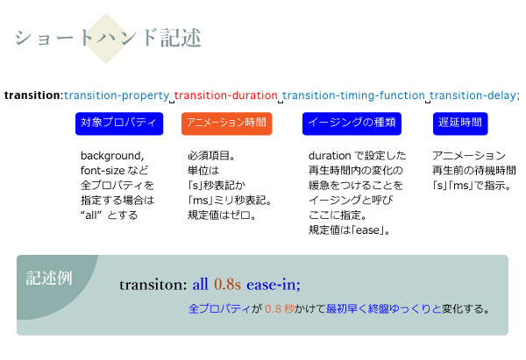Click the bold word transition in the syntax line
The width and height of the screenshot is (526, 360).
(32, 95)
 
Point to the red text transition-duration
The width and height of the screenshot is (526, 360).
(225, 95)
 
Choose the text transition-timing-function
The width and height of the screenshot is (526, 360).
(353, 95)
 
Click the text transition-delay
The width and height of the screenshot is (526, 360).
(473, 95)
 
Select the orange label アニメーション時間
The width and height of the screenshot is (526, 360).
(226, 124)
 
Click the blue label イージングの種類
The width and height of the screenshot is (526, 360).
(352, 124)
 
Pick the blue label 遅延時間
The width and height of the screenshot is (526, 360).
(459, 124)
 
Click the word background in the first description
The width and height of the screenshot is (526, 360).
(111, 156)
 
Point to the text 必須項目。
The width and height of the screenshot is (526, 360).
(210, 156)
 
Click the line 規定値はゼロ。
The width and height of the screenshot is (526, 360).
(222, 215)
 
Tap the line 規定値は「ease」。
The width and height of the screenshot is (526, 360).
(350, 230)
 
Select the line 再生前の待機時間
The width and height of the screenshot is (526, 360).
(474, 171)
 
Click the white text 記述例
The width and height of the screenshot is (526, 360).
(49, 278)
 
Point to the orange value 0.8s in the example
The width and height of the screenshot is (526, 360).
(228, 285)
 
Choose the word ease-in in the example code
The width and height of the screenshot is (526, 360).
(274, 285)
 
